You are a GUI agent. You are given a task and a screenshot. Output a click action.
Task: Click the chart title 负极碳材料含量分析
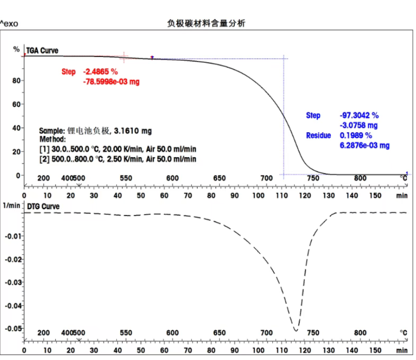click(206, 23)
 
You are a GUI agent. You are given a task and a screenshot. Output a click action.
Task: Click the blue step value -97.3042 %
click(359, 116)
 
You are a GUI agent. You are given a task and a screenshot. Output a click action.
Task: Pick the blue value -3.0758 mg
click(358, 125)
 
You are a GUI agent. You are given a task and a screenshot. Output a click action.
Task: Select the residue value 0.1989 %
click(356, 135)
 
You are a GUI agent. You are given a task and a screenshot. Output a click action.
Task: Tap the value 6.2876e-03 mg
click(365, 145)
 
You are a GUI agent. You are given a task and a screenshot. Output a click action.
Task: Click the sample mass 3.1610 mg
click(133, 131)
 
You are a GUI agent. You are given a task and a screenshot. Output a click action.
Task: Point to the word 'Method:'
click(52, 139)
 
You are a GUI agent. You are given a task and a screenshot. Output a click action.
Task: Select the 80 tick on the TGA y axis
click(16, 81)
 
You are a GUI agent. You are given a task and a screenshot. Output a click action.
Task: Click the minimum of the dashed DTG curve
click(295, 331)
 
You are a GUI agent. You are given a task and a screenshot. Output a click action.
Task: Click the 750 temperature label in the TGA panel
click(313, 178)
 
